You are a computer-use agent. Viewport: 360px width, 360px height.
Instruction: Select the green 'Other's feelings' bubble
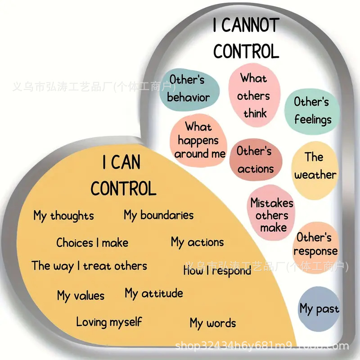tap(312, 111)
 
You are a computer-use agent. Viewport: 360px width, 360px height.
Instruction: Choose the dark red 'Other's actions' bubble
tap(255, 160)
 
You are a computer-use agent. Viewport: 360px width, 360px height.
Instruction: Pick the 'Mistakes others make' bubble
tap(271, 215)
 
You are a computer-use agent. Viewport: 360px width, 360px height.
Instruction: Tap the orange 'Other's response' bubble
tap(315, 244)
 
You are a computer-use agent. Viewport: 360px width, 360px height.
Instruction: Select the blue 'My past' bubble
tap(319, 309)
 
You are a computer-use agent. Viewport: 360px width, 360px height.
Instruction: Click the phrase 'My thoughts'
tap(63, 216)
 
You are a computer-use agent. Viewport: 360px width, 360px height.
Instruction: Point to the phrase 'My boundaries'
tap(158, 215)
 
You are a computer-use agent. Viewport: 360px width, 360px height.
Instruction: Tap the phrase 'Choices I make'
tap(92, 243)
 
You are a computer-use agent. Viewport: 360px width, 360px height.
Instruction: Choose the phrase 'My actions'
tap(197, 243)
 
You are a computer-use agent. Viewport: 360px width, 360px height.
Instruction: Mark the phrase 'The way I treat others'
tap(89, 266)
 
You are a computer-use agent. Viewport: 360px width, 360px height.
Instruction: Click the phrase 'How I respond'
tap(217, 271)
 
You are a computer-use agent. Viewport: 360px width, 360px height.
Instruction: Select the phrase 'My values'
tap(81, 296)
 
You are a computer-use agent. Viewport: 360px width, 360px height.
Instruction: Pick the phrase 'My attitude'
tap(154, 294)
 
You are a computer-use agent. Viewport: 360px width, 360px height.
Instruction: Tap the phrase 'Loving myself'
tap(109, 322)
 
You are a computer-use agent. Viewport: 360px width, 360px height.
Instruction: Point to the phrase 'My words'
tap(212, 323)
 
